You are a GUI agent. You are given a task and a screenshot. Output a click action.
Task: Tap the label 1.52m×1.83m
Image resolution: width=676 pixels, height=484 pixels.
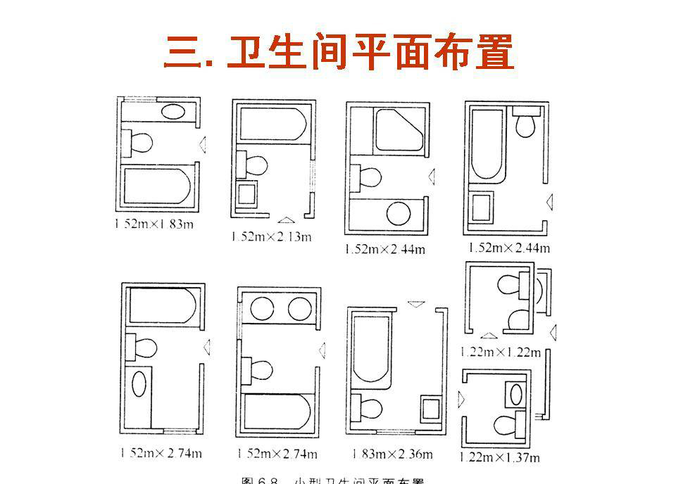tap(155, 224)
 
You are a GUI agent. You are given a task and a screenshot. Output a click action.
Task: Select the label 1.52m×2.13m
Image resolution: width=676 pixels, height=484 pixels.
tap(271, 236)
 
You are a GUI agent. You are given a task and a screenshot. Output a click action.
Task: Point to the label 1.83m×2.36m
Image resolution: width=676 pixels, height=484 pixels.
tap(389, 454)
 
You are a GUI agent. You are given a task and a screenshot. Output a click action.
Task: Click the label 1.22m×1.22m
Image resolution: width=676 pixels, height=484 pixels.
tap(501, 352)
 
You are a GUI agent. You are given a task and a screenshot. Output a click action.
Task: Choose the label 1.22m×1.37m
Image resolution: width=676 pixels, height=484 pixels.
tap(501, 457)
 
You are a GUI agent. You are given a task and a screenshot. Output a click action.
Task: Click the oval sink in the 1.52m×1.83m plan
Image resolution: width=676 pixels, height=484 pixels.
tap(173, 111)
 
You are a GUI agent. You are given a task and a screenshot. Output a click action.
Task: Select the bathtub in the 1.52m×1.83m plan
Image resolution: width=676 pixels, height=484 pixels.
tap(157, 185)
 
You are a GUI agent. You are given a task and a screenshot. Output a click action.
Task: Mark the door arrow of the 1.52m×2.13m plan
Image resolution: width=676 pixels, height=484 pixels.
tap(287, 219)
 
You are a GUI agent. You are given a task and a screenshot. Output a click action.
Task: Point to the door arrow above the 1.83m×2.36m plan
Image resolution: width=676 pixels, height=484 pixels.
tap(416, 304)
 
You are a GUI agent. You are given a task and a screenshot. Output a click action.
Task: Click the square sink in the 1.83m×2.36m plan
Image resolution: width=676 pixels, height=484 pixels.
tap(430, 408)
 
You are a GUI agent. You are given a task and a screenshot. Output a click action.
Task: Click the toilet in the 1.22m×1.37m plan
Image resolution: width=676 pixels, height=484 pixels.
tap(509, 423)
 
